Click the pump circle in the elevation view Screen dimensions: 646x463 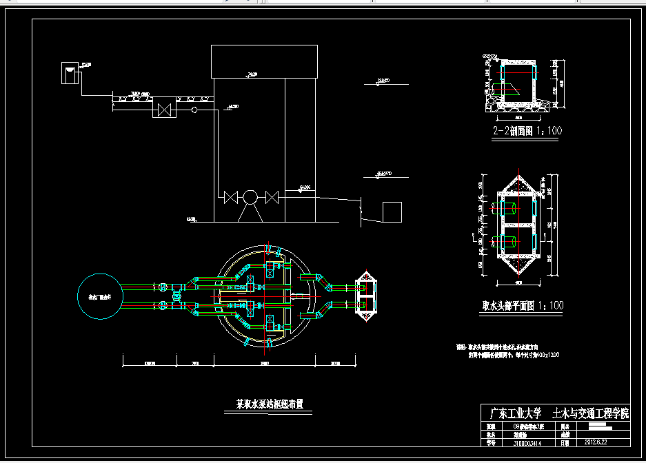[x=250, y=198]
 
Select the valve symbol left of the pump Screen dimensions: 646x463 [x=230, y=198]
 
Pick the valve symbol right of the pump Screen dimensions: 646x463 [x=271, y=198]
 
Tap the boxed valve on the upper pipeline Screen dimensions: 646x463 [x=165, y=110]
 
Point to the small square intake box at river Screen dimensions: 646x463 [x=392, y=212]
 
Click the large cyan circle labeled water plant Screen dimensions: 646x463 [x=100, y=295]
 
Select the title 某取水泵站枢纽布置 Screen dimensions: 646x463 [x=270, y=404]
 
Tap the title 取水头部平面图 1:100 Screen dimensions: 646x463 [x=523, y=305]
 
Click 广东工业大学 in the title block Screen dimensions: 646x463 [x=515, y=414]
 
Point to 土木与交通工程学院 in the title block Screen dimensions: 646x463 [x=591, y=414]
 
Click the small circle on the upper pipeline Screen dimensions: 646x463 [x=194, y=110]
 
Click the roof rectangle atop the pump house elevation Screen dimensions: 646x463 [x=264, y=61]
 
